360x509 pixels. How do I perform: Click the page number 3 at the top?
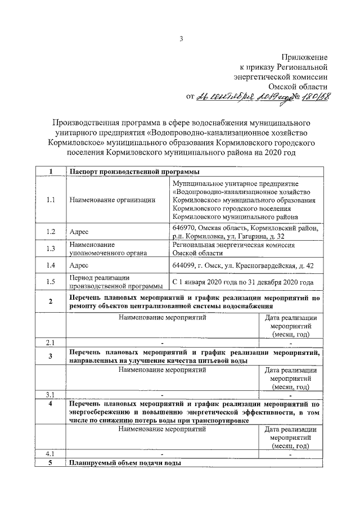point(181,38)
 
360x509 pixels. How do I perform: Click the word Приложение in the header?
point(304,57)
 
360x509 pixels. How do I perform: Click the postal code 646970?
point(184,228)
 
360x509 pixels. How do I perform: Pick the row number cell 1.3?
point(51,249)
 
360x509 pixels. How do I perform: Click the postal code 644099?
point(184,265)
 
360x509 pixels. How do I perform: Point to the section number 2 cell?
point(51,301)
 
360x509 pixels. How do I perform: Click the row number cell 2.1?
point(51,342)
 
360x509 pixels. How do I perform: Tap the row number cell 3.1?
point(51,393)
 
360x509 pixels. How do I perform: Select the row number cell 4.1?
point(51,453)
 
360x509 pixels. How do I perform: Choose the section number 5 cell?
point(51,463)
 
